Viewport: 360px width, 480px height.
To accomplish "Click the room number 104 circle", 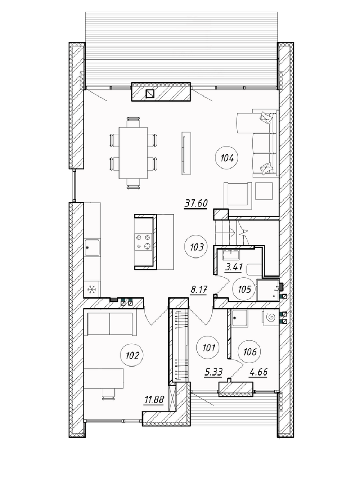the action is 227,158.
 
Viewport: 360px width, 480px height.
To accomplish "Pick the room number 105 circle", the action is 244,289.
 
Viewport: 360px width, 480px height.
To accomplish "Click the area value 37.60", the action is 196,204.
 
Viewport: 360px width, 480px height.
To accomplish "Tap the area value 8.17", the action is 198,290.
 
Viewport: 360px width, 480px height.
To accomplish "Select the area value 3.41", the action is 234,267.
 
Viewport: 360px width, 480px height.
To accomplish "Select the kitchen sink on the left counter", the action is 92,248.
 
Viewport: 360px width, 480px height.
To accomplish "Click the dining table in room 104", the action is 133,153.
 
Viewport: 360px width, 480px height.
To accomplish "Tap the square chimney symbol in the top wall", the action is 150,94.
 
